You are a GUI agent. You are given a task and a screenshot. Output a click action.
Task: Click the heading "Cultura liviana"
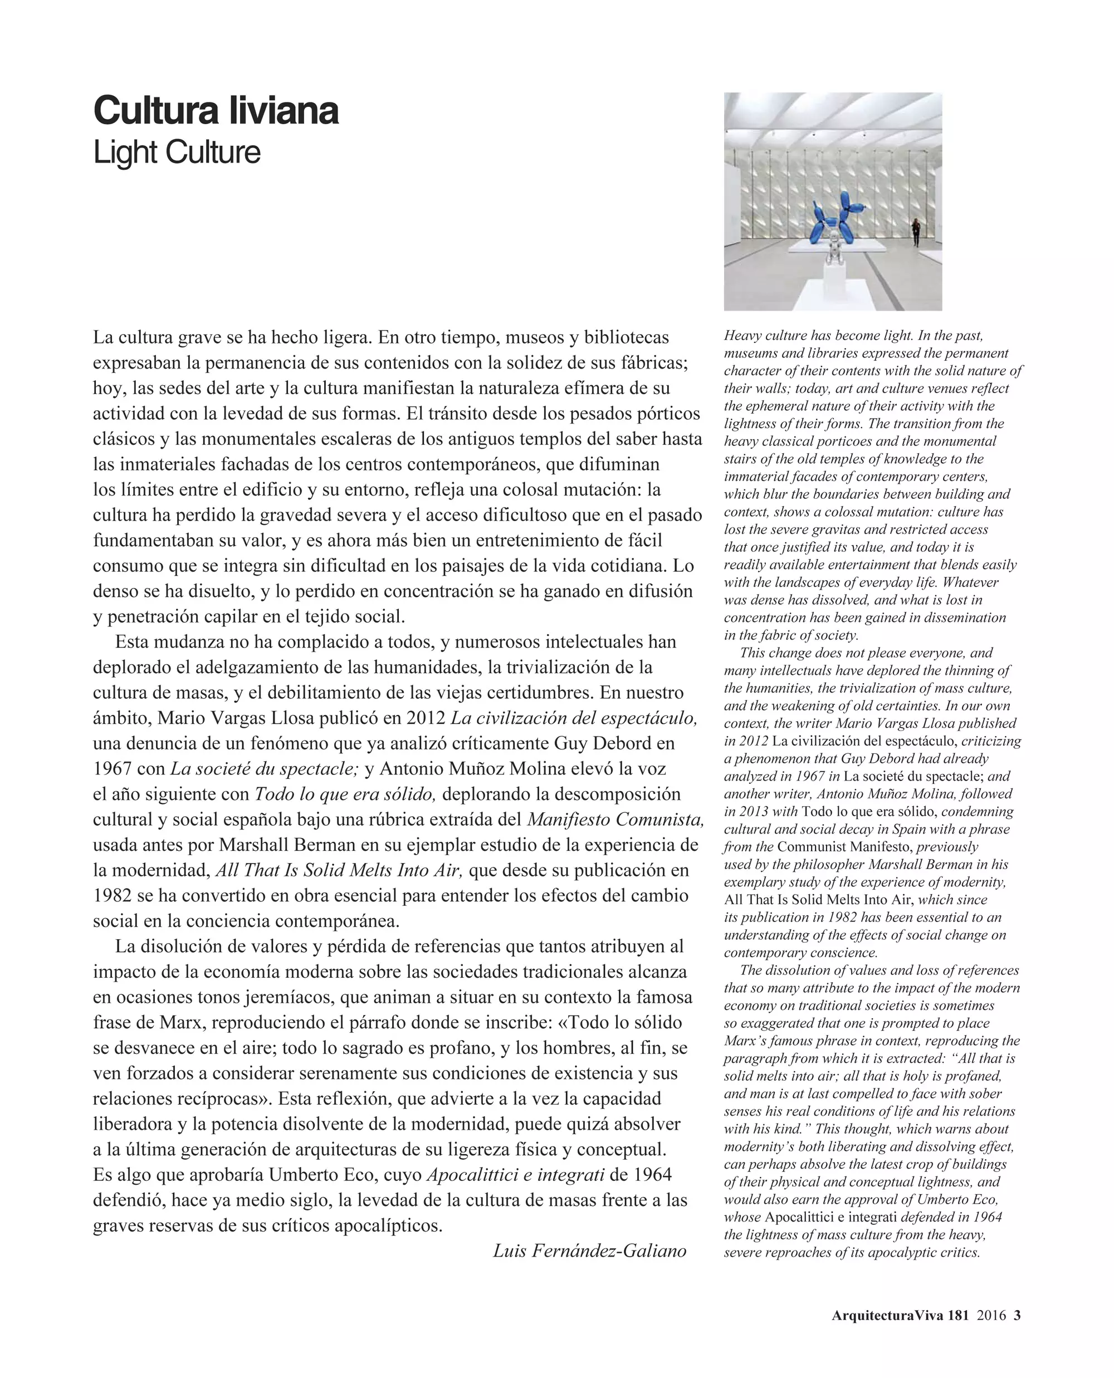pos(216,110)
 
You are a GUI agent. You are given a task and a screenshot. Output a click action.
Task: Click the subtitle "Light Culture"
pos(177,153)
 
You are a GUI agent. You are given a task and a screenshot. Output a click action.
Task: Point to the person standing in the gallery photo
pos(915,231)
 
